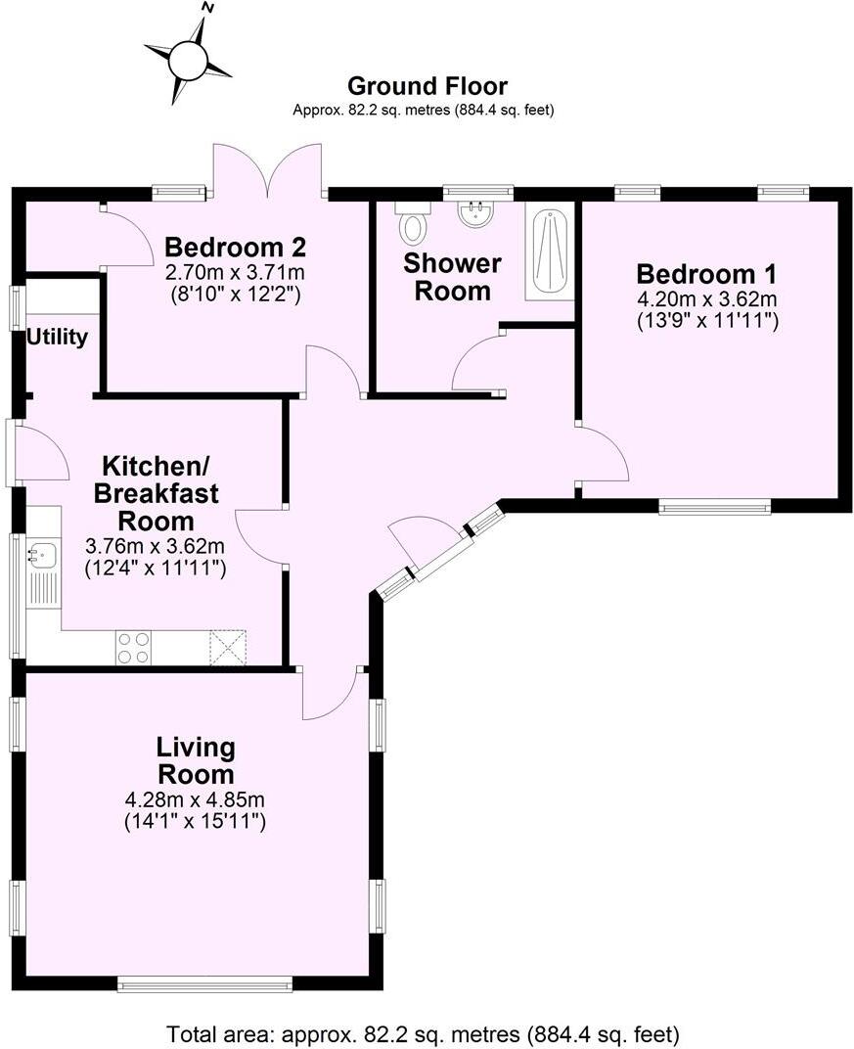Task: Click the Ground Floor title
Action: click(427, 86)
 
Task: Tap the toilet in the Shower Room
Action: click(412, 224)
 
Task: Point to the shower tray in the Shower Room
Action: click(549, 251)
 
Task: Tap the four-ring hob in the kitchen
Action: click(134, 647)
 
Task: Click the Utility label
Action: click(57, 338)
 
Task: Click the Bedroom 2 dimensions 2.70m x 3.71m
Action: click(235, 271)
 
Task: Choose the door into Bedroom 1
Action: click(603, 453)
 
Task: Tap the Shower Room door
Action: click(478, 362)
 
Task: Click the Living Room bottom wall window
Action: click(204, 982)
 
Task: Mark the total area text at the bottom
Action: click(423, 1033)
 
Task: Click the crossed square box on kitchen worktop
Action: click(228, 647)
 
